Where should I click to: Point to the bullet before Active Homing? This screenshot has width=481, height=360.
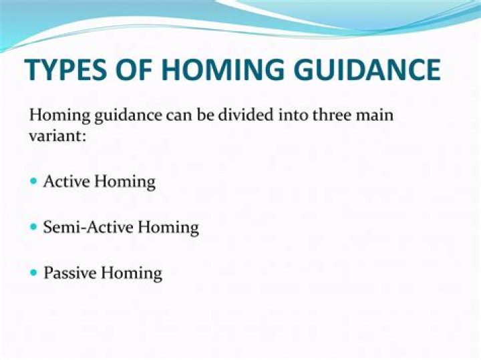click(35, 182)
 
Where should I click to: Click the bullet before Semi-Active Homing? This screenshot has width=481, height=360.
click(35, 227)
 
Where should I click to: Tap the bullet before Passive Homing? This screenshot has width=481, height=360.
click(35, 273)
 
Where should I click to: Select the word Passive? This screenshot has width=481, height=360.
click(67, 273)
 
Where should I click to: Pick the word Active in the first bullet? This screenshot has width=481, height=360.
click(65, 182)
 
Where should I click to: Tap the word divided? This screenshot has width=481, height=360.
click(255, 115)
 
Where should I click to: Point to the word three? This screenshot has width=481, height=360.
click(333, 115)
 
